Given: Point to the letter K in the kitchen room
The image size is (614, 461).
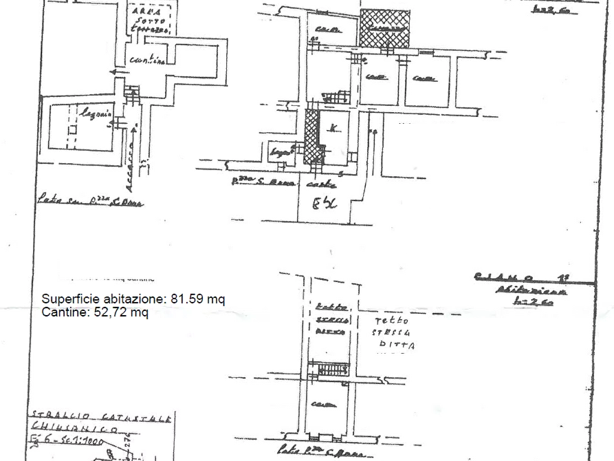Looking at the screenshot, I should click(x=333, y=129).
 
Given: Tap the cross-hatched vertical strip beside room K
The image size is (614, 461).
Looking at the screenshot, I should click(x=312, y=138).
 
